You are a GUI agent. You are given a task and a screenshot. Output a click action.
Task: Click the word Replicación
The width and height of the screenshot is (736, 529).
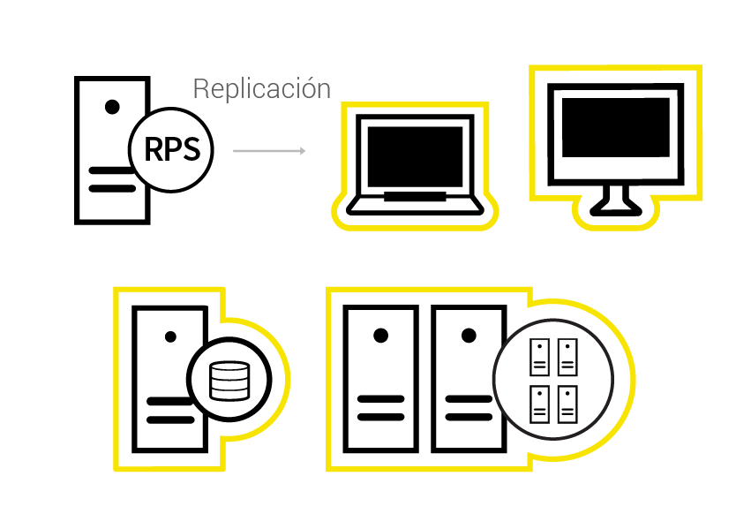[x=262, y=89]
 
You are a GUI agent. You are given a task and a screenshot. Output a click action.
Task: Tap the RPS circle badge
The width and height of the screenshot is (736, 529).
[x=171, y=150]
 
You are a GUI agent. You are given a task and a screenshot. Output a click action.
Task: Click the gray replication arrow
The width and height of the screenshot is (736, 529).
[x=269, y=151]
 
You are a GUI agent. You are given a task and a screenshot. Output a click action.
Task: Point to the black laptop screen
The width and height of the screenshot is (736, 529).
[x=415, y=156]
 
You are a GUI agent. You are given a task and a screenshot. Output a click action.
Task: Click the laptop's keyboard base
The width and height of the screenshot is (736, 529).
[x=415, y=205]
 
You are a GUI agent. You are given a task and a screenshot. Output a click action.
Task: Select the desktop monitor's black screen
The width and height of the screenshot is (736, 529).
[x=615, y=127]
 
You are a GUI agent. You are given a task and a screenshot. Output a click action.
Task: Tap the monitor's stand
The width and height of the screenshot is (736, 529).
[x=615, y=201]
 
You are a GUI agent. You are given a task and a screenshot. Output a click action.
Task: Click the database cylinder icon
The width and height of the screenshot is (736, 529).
[x=229, y=381]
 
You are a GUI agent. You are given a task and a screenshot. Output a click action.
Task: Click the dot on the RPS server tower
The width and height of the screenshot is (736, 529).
[x=112, y=107]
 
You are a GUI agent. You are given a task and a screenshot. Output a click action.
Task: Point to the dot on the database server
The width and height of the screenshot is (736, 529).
[x=170, y=336]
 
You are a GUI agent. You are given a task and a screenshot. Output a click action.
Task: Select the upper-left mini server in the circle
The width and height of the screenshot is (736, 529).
[x=539, y=358]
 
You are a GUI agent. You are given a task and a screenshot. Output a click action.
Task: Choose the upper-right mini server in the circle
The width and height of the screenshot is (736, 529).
[x=567, y=358]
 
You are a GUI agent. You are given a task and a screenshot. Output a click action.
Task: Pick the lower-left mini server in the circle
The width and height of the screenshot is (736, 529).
[x=539, y=404]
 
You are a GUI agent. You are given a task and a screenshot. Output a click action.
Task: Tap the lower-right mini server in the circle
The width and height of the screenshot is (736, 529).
[x=567, y=404]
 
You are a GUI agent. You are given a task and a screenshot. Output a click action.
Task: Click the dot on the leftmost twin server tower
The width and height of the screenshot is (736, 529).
[x=380, y=336]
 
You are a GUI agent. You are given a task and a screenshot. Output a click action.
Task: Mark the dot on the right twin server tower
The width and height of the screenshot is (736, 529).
[x=469, y=336]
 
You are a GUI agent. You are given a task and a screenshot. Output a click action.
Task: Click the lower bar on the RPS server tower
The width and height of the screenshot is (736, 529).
[x=112, y=188]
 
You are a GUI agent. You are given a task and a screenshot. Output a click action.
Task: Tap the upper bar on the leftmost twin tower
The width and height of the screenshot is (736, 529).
[x=380, y=399]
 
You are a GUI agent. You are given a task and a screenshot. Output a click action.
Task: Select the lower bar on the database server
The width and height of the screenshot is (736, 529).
[x=170, y=419]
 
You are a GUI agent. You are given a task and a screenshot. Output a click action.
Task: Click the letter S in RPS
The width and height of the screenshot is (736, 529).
[x=191, y=149]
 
